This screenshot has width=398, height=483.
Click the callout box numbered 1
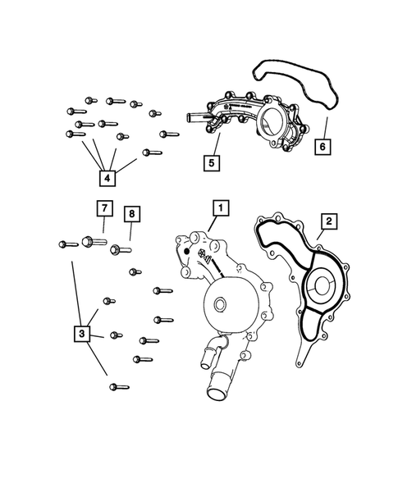click(219, 208)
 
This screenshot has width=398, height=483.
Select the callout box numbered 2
click(327, 221)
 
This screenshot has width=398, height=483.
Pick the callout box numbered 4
click(106, 176)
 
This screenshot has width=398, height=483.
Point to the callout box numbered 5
click(212, 162)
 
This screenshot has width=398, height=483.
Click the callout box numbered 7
click(104, 208)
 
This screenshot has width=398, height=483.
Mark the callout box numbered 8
click(132, 215)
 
